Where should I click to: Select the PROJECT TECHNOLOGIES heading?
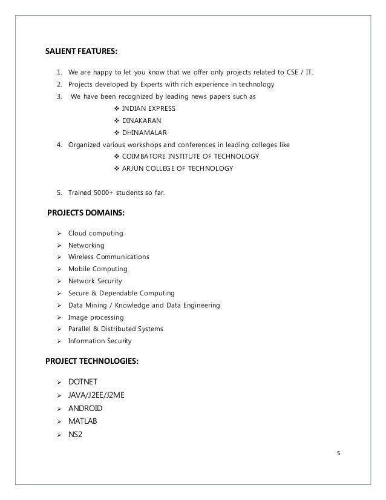click(x=92, y=361)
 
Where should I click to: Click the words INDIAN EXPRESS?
click(x=149, y=108)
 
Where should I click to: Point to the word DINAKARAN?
click(x=142, y=120)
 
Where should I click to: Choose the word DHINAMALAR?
click(x=145, y=133)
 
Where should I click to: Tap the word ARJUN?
click(x=133, y=168)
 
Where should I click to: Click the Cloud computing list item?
click(x=96, y=233)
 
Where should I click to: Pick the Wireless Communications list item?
click(x=109, y=257)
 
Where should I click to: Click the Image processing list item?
click(x=96, y=317)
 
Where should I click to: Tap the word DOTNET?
click(x=85, y=383)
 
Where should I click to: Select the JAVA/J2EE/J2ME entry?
click(x=99, y=395)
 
